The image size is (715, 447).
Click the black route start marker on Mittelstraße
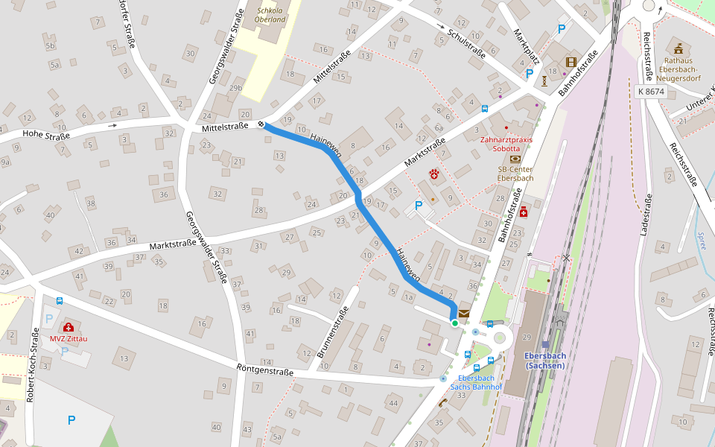pyautogui.click(x=261, y=124)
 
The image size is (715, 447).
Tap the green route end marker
pyautogui.click(x=454, y=323)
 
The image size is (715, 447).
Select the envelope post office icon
pyautogui.click(x=464, y=314)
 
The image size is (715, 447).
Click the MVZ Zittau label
pyautogui.click(x=69, y=339)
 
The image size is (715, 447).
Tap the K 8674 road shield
pyautogui.click(x=650, y=91)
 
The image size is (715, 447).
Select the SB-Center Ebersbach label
pyautogui.click(x=515, y=173)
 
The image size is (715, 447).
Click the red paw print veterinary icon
pyautogui.click(x=434, y=174)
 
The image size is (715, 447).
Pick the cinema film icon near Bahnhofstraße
pyautogui.click(x=571, y=62)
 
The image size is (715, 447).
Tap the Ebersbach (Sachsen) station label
pyautogui.click(x=545, y=360)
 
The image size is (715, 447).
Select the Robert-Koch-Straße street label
pyautogui.click(x=32, y=364)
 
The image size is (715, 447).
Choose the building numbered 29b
pyautogui.click(x=235, y=88)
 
